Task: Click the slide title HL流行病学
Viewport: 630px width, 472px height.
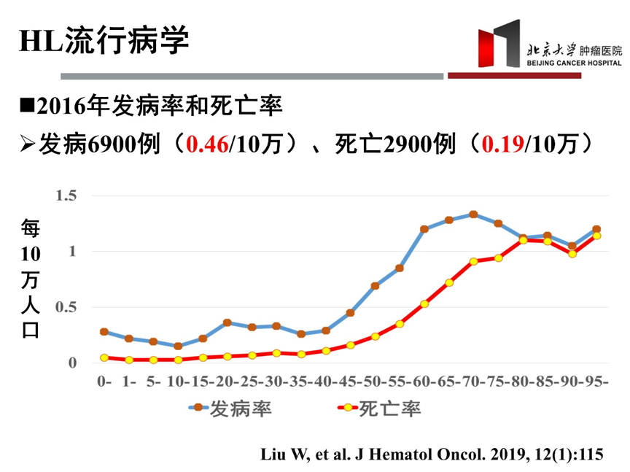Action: pos(104,41)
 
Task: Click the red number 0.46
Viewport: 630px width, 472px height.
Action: pos(208,144)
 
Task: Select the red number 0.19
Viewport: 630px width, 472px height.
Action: pos(502,144)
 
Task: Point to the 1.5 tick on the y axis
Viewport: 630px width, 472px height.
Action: pos(66,196)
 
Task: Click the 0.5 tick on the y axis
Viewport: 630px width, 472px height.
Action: pos(66,307)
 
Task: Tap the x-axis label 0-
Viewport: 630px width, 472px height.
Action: pos(104,381)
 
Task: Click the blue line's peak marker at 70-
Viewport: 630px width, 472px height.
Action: pos(473,214)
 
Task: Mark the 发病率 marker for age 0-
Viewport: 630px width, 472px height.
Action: pos(104,331)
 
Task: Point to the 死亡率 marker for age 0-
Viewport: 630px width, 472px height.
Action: pos(104,357)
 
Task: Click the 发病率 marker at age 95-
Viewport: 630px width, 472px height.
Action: pos(596,229)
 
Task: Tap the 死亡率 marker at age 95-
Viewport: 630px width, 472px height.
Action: pos(596,236)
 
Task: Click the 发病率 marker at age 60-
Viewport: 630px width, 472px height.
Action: pos(424,229)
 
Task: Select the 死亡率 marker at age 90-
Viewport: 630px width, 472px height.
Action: pos(572,254)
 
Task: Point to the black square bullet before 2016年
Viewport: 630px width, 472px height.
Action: pos(27,107)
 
